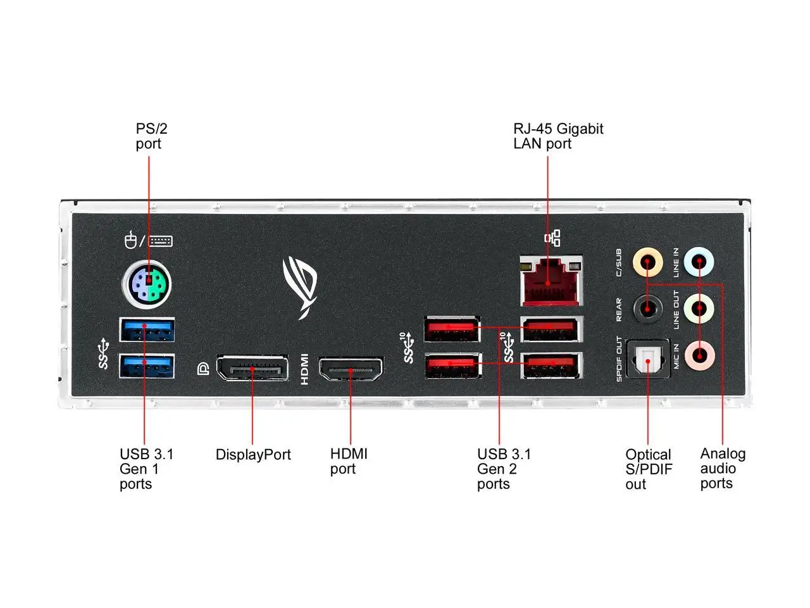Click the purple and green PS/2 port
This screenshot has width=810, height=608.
147,284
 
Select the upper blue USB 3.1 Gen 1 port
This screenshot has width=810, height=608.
147,330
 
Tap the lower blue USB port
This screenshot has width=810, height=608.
147,366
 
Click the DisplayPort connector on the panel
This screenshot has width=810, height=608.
252,368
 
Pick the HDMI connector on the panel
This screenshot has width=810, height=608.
351,369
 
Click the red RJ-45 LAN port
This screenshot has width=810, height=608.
551,281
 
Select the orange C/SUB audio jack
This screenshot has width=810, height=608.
648,262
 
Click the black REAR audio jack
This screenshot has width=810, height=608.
648,309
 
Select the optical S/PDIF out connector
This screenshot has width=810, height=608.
648,360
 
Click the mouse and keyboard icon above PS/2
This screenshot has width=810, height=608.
148,241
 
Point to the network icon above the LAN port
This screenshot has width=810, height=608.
552,238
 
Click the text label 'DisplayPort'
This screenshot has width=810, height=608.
253,455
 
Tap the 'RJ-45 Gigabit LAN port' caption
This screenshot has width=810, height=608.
558,136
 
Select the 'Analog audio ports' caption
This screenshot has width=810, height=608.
722,469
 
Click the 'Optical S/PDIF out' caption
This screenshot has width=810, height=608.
649,469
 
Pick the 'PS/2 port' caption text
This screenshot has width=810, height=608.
151,136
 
